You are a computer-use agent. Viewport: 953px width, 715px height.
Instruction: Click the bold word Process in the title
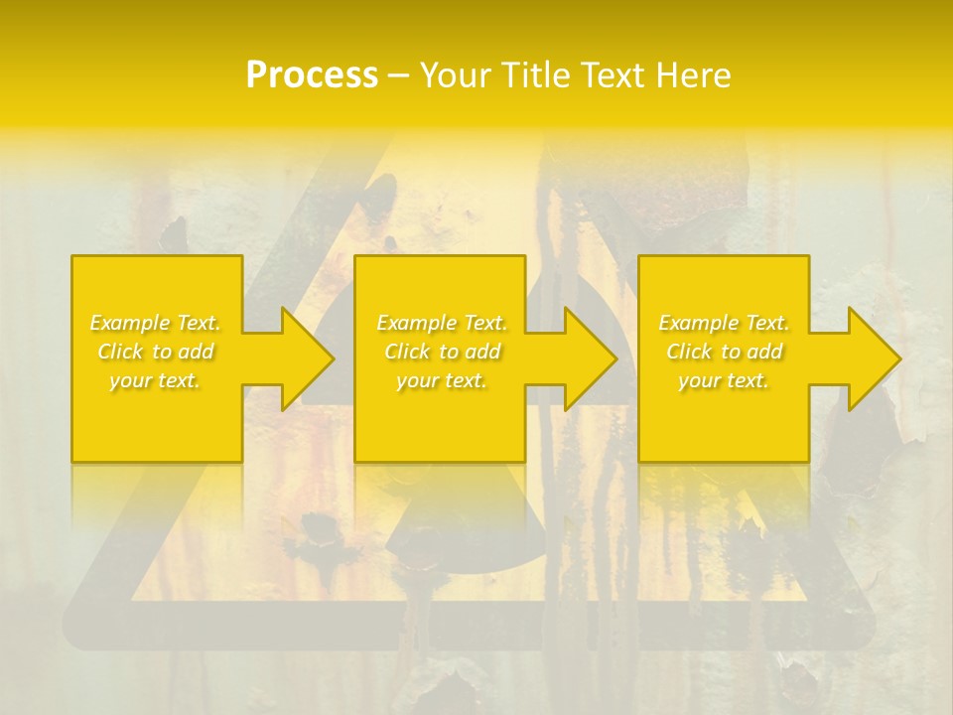click(x=312, y=75)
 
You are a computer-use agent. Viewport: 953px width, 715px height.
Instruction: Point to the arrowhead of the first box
click(x=308, y=358)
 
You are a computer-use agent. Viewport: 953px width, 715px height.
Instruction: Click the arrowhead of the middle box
click(x=592, y=358)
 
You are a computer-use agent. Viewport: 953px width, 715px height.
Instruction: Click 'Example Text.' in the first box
click(x=156, y=323)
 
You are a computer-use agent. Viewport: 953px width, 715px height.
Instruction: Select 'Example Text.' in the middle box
click(x=442, y=323)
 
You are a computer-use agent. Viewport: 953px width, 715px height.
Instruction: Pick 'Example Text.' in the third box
click(x=724, y=323)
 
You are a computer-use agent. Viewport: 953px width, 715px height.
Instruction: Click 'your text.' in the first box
click(x=156, y=380)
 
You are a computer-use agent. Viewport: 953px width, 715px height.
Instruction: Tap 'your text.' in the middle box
click(x=442, y=380)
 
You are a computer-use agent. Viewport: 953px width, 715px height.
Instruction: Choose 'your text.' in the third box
click(x=724, y=380)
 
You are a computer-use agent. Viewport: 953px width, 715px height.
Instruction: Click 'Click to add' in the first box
click(x=156, y=352)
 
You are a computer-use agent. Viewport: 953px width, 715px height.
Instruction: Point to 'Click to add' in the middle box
click(x=442, y=352)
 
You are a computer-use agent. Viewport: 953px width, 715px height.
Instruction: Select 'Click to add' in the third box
click(x=724, y=352)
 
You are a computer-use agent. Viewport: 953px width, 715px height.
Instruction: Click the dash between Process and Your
click(x=399, y=75)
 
